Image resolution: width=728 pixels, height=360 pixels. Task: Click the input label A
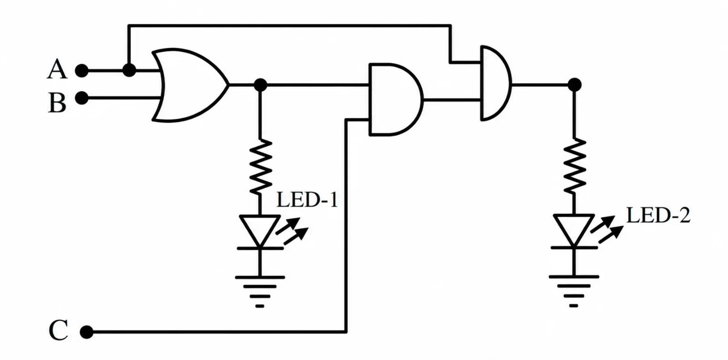click(x=57, y=69)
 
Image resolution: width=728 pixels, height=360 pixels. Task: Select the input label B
click(x=57, y=102)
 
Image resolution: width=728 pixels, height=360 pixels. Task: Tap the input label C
click(x=59, y=330)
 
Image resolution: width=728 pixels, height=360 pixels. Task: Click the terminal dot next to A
click(x=81, y=71)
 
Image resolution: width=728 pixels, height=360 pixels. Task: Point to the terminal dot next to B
click(x=81, y=98)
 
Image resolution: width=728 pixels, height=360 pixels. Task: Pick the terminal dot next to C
click(x=86, y=332)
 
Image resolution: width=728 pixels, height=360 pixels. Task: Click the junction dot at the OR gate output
click(x=260, y=85)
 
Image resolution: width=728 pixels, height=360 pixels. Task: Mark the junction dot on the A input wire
click(x=129, y=70)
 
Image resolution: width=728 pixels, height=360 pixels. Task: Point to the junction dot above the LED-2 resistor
click(x=574, y=85)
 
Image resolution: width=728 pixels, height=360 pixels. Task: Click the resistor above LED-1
click(x=260, y=167)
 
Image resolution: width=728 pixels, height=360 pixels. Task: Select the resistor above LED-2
click(x=574, y=166)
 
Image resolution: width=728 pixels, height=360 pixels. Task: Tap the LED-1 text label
click(x=307, y=199)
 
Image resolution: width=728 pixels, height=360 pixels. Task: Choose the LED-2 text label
click(x=658, y=215)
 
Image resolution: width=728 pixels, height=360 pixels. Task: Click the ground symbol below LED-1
click(x=260, y=291)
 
